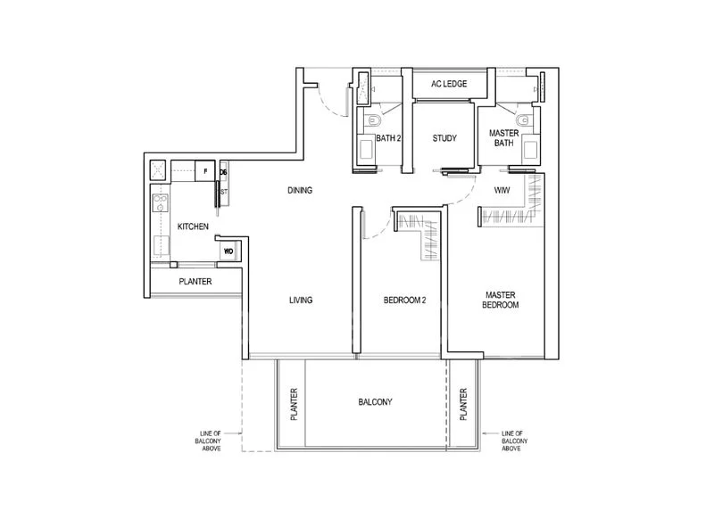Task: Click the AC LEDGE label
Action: coord(450,84)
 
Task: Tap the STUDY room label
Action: coord(444,138)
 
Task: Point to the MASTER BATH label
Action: coord(503,138)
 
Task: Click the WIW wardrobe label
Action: coord(502,190)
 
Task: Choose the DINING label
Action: coord(299,190)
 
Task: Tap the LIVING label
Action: coord(301,301)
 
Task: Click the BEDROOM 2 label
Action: coord(404,301)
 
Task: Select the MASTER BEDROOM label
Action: coord(502,300)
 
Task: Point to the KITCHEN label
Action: coord(193,227)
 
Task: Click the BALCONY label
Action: coord(375,402)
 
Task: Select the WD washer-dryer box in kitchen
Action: coord(228,251)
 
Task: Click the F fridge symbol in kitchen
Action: coord(205,170)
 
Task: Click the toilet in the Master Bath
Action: coord(520,119)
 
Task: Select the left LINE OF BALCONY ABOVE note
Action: coord(210,441)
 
